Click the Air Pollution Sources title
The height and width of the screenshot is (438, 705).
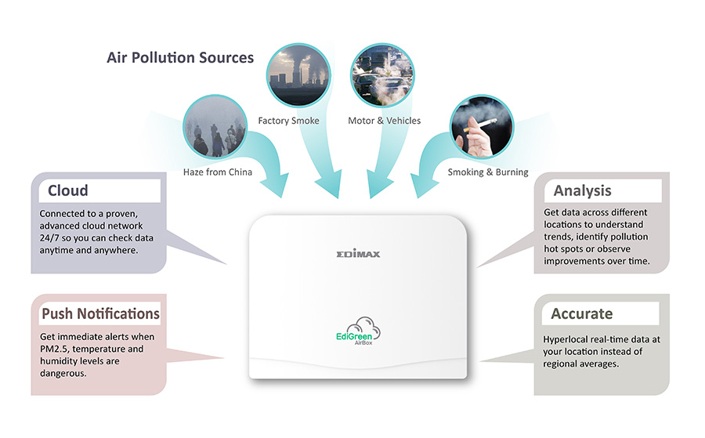pyautogui.click(x=180, y=57)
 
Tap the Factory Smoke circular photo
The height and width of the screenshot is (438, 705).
pyautogui.click(x=298, y=75)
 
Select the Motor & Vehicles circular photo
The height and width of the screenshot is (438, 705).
pyautogui.click(x=382, y=75)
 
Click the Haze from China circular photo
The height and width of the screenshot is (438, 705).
pyautogui.click(x=215, y=126)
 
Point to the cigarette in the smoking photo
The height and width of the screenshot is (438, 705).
pyautogui.click(x=480, y=125)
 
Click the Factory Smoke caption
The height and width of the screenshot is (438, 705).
pyautogui.click(x=288, y=121)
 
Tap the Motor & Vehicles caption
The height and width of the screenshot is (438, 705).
pyautogui.click(x=385, y=121)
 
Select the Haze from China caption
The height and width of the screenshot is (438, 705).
pyautogui.click(x=218, y=172)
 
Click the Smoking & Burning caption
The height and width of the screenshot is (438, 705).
pyautogui.click(x=488, y=172)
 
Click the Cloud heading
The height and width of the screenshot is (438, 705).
pyautogui.click(x=68, y=190)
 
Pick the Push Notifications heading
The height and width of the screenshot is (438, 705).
pyautogui.click(x=101, y=313)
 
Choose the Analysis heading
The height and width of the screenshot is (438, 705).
pyautogui.click(x=582, y=190)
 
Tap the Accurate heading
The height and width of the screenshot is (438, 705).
pyautogui.click(x=582, y=313)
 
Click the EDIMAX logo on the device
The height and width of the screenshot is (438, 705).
pyautogui.click(x=358, y=254)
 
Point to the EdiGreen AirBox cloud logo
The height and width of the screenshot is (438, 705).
pyautogui.click(x=358, y=331)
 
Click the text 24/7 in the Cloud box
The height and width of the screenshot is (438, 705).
pyautogui.click(x=49, y=238)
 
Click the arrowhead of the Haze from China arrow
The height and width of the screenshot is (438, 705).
pyautogui.click(x=274, y=185)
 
